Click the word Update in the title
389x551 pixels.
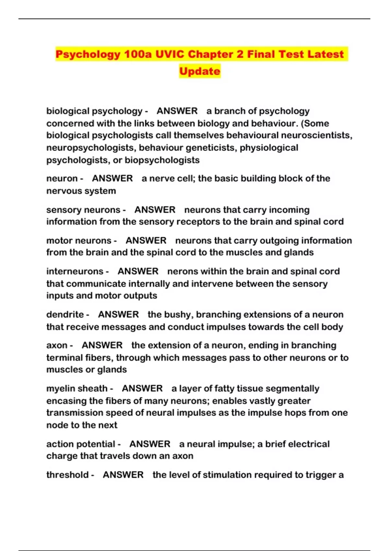(x=200, y=71)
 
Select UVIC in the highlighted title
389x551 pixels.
(x=170, y=54)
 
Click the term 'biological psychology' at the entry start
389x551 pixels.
(x=94, y=111)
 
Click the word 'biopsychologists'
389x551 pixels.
(x=162, y=160)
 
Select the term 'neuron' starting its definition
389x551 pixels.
(x=62, y=179)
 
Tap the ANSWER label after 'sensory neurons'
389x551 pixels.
(x=155, y=210)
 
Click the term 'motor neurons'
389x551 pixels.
(x=79, y=240)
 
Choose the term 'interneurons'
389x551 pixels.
(x=75, y=271)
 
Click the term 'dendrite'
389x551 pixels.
(x=65, y=314)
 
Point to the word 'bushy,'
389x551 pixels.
(x=179, y=314)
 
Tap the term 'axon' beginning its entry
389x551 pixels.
(x=57, y=345)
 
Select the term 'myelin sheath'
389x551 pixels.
(x=77, y=388)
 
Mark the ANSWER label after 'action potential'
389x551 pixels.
(x=150, y=444)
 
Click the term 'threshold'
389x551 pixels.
(x=67, y=475)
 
